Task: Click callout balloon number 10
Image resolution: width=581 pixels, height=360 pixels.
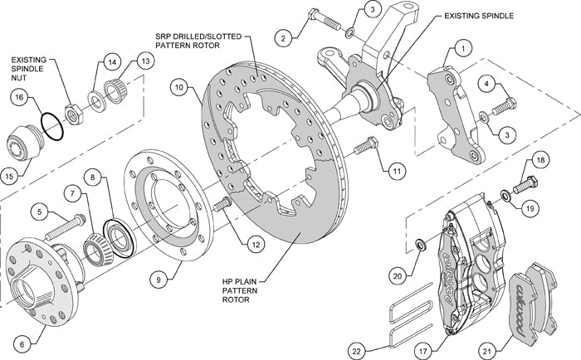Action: point(180,85)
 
